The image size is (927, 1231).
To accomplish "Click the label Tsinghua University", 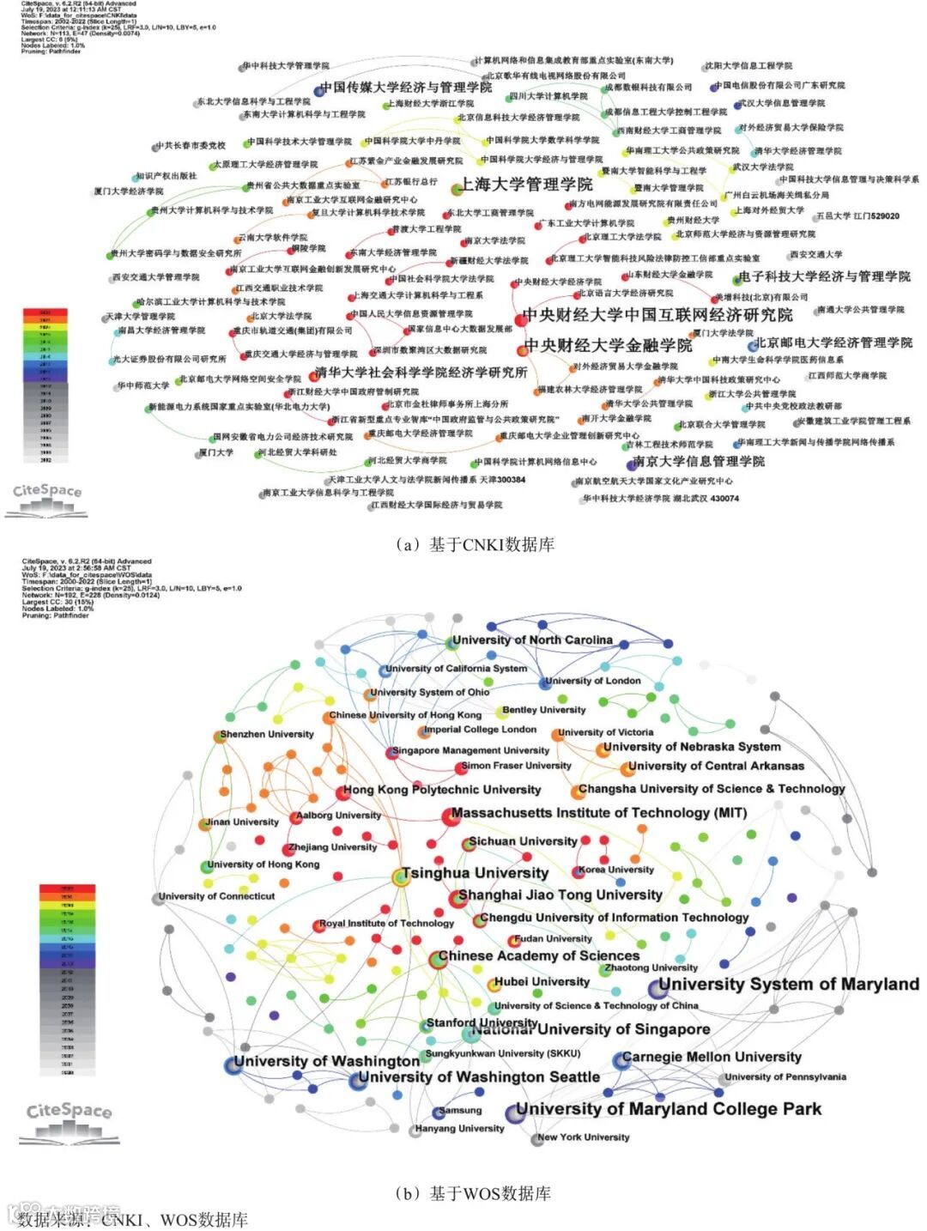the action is [475, 873].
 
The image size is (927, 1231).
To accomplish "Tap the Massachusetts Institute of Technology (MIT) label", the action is [599, 812].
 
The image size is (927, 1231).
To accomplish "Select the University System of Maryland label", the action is [789, 984].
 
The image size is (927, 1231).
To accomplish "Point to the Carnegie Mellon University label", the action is [712, 1057].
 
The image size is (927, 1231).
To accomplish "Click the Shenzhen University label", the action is [267, 734].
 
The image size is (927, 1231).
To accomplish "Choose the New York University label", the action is [584, 1137].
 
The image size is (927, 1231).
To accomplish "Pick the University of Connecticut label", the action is [217, 896].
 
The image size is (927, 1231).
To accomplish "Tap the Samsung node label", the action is [461, 1110].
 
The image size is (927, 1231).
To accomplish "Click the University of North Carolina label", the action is [532, 640].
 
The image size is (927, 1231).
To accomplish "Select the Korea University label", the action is [616, 870].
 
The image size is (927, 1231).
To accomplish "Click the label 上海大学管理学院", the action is [526, 185].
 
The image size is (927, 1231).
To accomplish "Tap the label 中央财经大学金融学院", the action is [608, 346].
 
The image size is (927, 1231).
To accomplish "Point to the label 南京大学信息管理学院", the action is [698, 462].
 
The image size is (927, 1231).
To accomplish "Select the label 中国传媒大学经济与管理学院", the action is [406, 88].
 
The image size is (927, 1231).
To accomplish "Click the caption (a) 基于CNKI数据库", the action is [476, 544].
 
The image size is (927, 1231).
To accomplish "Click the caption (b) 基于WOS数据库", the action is [473, 1193].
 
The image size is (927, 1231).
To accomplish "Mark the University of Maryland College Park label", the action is [669, 1109].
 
